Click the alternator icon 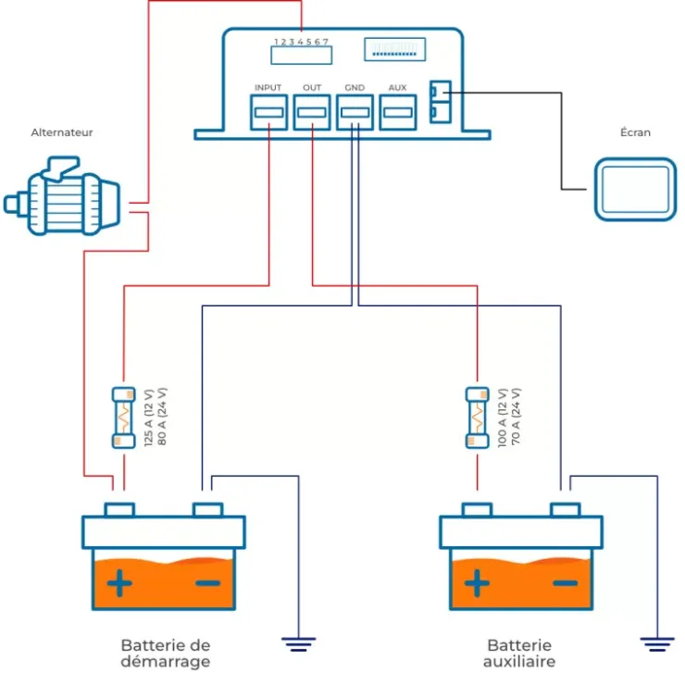(x=62, y=195)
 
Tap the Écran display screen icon (x=636, y=190)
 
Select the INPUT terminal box (x=268, y=112)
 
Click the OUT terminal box (x=312, y=112)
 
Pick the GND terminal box (x=355, y=112)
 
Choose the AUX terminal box (x=397, y=112)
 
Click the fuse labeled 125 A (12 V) (x=124, y=417)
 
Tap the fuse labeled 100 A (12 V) (x=477, y=417)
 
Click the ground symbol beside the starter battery (x=298, y=644)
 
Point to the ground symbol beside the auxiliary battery (x=657, y=644)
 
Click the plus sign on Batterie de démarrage (x=119, y=583)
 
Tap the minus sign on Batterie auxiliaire (x=566, y=583)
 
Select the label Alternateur (x=62, y=132)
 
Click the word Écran (x=635, y=132)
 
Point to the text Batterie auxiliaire (x=519, y=654)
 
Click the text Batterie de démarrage (x=166, y=654)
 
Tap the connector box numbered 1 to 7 (x=302, y=56)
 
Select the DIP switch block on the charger (x=395, y=49)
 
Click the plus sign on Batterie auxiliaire (x=477, y=583)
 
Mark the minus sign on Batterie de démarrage (x=208, y=583)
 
